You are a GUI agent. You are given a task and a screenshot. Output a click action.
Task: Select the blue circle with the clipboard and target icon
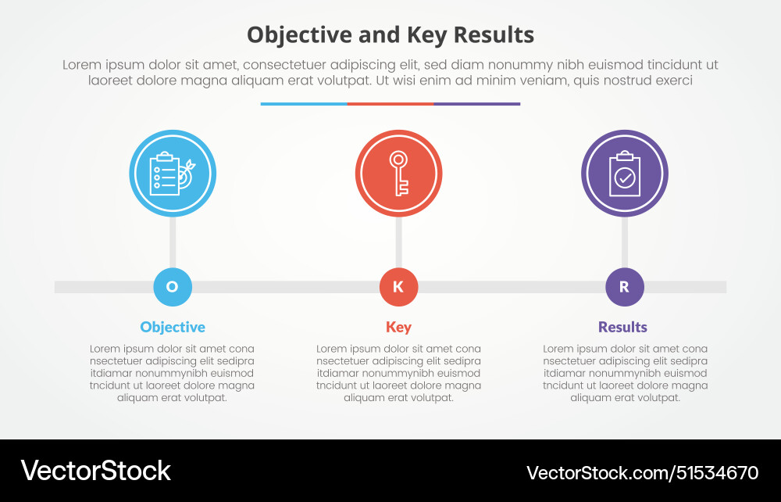click(x=173, y=173)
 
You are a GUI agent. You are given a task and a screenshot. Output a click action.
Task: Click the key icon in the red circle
click(x=398, y=173)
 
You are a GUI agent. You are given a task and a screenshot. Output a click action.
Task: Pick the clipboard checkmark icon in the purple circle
click(x=625, y=173)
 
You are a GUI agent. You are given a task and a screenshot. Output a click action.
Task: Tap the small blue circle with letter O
click(x=173, y=287)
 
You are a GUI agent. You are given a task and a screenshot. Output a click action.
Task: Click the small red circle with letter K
click(x=398, y=287)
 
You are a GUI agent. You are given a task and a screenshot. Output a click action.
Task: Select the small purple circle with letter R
click(x=625, y=287)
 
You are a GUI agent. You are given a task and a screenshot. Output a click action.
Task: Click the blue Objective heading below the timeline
click(x=173, y=327)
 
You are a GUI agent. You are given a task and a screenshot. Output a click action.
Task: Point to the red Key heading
click(x=398, y=327)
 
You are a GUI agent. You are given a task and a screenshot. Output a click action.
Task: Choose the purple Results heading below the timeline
click(x=622, y=327)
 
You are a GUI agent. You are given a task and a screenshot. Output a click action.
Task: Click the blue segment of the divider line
click(x=304, y=103)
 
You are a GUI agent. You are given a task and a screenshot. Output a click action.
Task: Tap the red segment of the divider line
click(x=390, y=103)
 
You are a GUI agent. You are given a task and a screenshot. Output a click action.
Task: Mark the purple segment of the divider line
click(x=476, y=103)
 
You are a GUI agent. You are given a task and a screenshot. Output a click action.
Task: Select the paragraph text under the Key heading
click(x=398, y=373)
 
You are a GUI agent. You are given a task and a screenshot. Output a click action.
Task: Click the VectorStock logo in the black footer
click(x=95, y=471)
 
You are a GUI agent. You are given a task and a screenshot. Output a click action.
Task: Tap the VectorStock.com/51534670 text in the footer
click(x=642, y=472)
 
